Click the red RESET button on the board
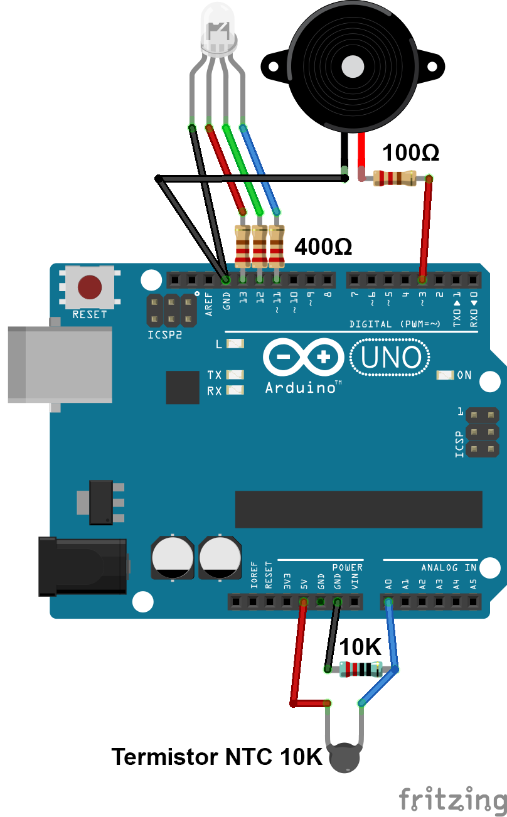coord(90,287)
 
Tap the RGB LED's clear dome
coord(219,28)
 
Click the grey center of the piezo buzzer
coord(353,67)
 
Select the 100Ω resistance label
coord(411,152)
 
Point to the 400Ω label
coord(323,247)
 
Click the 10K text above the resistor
coord(360,647)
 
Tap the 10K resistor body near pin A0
coord(361,670)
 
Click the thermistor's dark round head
coord(344,758)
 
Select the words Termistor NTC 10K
coord(217,757)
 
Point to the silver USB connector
coord(60,365)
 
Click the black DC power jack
coord(83,566)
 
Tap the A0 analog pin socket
coord(388,601)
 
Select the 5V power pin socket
coord(304,601)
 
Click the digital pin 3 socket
coord(422,280)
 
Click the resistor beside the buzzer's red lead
coord(395,178)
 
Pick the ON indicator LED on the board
coord(445,375)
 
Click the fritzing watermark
coord(452,799)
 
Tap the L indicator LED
coord(235,344)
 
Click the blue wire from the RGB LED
coord(260,169)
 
